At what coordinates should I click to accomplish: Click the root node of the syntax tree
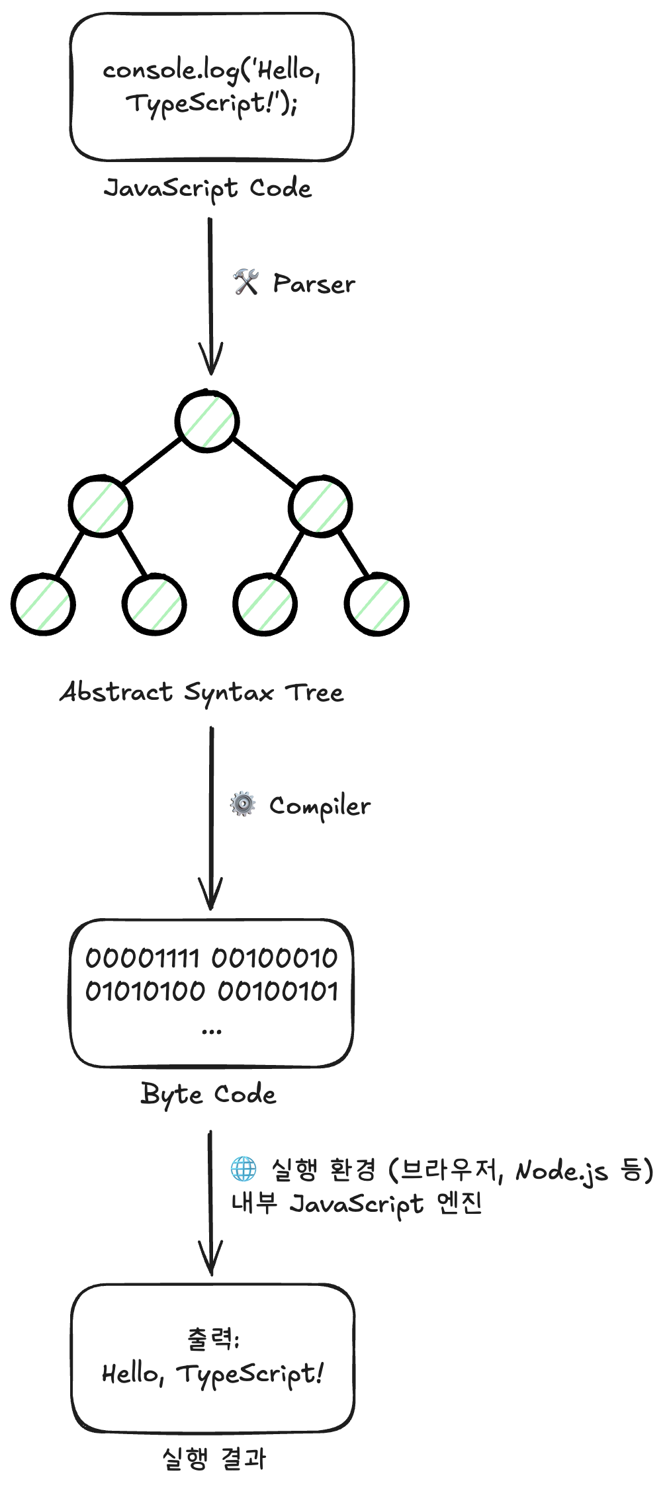[x=207, y=421]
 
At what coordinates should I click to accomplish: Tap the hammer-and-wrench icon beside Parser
[x=245, y=282]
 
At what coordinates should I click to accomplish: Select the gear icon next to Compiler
[x=243, y=804]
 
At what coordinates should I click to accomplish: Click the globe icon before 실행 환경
[x=244, y=1169]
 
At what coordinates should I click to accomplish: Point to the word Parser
[x=314, y=284]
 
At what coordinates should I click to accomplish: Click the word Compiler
[x=320, y=806]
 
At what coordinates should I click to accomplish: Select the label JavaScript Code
[x=207, y=189]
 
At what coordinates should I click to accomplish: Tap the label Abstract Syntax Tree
[x=202, y=693]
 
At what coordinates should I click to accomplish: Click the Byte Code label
[x=208, y=1094]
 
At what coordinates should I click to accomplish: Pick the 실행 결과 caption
[x=213, y=1459]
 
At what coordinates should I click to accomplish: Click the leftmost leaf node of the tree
[x=43, y=605]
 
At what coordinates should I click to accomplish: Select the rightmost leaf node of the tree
[x=377, y=605]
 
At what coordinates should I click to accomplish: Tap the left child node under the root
[x=101, y=506]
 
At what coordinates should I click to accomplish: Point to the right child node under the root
[x=320, y=506]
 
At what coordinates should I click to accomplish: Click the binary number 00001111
[x=142, y=957]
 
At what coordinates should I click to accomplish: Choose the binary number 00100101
[x=279, y=991]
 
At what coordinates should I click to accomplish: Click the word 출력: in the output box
[x=213, y=1339]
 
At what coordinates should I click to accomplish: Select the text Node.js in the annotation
[x=561, y=1171]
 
